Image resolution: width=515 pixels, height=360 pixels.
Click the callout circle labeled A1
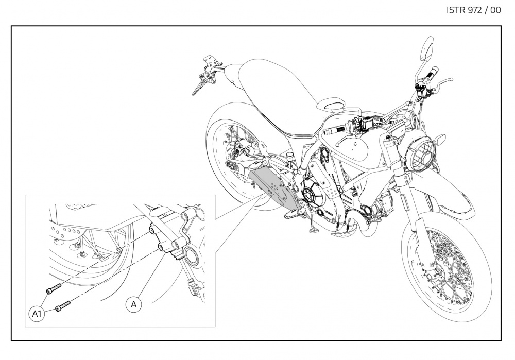(37, 314)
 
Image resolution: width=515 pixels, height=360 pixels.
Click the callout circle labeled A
(133, 304)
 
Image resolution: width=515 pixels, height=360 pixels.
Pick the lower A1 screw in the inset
(63, 306)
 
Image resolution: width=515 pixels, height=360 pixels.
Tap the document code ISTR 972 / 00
(474, 10)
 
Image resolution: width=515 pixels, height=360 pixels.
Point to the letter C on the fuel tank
(355, 143)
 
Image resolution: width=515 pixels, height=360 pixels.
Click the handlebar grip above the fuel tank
(335, 130)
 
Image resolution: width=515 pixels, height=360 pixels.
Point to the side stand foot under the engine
(313, 229)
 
